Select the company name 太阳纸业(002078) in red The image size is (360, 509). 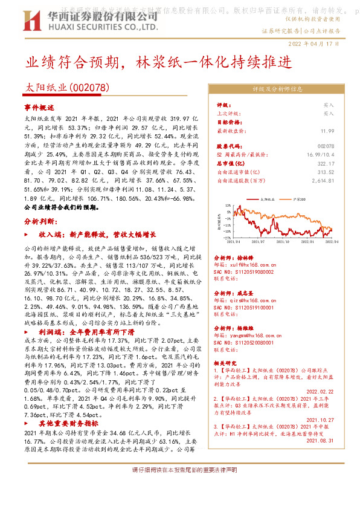point(66,88)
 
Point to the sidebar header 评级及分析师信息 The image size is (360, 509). point(277,88)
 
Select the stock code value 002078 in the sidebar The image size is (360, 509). point(326,146)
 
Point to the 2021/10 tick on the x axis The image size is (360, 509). point(283,241)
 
